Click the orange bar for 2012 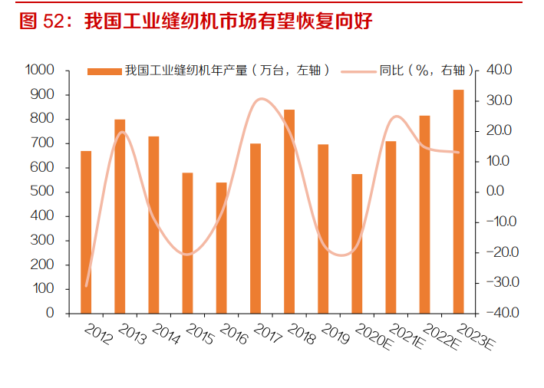click(x=86, y=232)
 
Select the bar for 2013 click(x=120, y=216)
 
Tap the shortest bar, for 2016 click(x=221, y=248)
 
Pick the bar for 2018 click(x=288, y=211)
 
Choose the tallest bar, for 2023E click(x=458, y=202)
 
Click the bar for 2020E click(x=357, y=243)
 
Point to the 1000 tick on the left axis click(x=40, y=70)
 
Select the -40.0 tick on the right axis click(x=496, y=313)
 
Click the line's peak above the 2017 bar click(x=261, y=99)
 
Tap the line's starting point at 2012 click(x=86, y=285)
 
